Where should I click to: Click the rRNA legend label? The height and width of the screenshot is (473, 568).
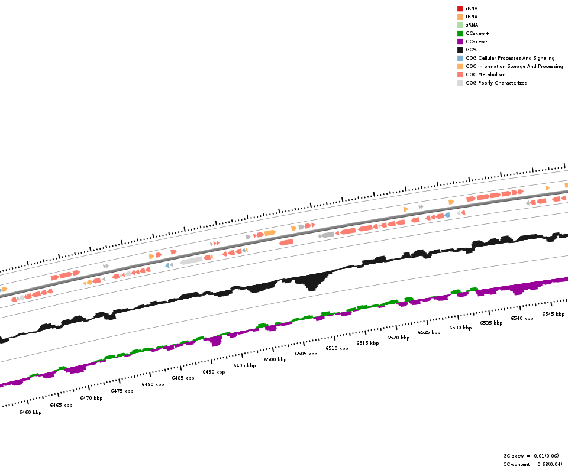(472, 8)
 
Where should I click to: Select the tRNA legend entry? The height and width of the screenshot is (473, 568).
(472, 17)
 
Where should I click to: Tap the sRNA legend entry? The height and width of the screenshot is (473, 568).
(472, 25)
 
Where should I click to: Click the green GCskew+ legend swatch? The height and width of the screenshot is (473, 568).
(460, 33)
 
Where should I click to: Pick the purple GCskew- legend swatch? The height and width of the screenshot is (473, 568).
(460, 41)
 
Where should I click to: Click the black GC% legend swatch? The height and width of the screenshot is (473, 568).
(460, 50)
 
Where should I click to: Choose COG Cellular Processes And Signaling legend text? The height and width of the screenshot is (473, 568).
(510, 58)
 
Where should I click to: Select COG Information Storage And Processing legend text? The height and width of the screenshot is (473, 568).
(514, 66)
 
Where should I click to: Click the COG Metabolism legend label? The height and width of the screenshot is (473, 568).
(485, 74)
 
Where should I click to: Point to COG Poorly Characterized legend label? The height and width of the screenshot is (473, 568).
(496, 83)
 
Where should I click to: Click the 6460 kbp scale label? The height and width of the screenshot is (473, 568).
(30, 412)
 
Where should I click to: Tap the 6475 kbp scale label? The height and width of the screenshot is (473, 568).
(122, 391)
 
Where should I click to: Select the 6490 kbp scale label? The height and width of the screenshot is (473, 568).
(214, 372)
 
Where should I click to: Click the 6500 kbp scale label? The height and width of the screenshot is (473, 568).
(275, 359)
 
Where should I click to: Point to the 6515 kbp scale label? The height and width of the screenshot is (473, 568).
(367, 343)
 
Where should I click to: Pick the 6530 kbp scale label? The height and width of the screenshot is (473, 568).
(460, 328)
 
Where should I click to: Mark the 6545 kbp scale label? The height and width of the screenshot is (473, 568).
(553, 314)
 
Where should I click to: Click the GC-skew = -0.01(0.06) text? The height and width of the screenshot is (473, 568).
(531, 456)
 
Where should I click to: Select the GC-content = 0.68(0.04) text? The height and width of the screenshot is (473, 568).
(532, 464)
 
